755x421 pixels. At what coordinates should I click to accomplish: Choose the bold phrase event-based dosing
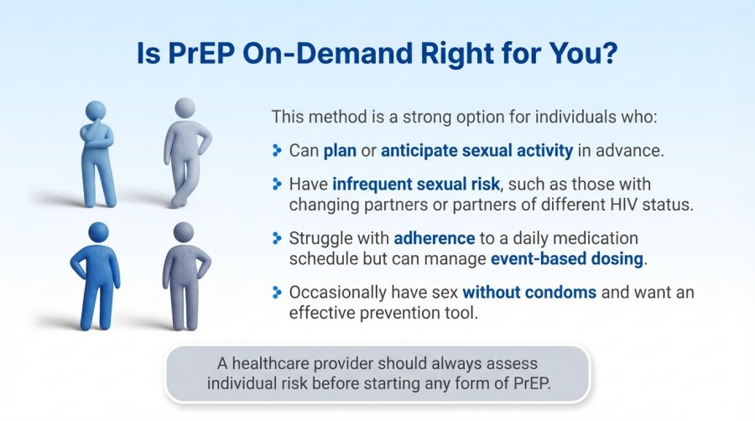tap(579, 258)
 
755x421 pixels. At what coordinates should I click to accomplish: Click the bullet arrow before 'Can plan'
tap(277, 151)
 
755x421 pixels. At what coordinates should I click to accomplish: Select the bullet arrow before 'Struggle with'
tap(277, 238)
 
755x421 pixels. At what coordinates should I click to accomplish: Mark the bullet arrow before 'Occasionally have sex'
tap(277, 293)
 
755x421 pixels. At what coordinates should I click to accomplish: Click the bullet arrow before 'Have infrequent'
tap(277, 184)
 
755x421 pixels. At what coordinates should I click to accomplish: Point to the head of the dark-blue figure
tap(98, 232)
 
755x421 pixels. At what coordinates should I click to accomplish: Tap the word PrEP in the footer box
tap(530, 385)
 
